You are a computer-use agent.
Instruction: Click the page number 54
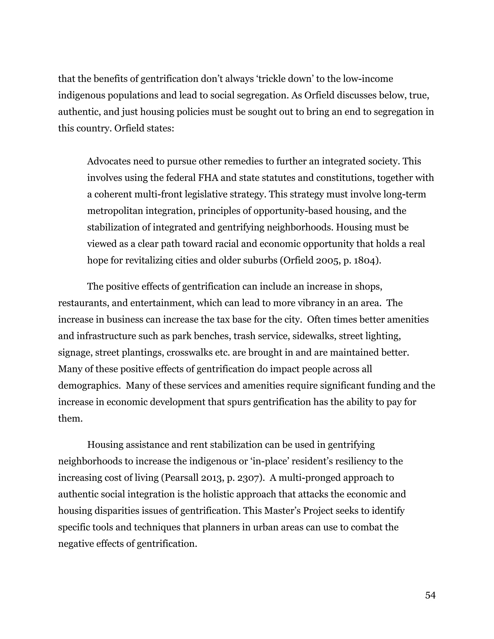point(430,595)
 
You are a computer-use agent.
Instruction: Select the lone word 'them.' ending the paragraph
point(70,418)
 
